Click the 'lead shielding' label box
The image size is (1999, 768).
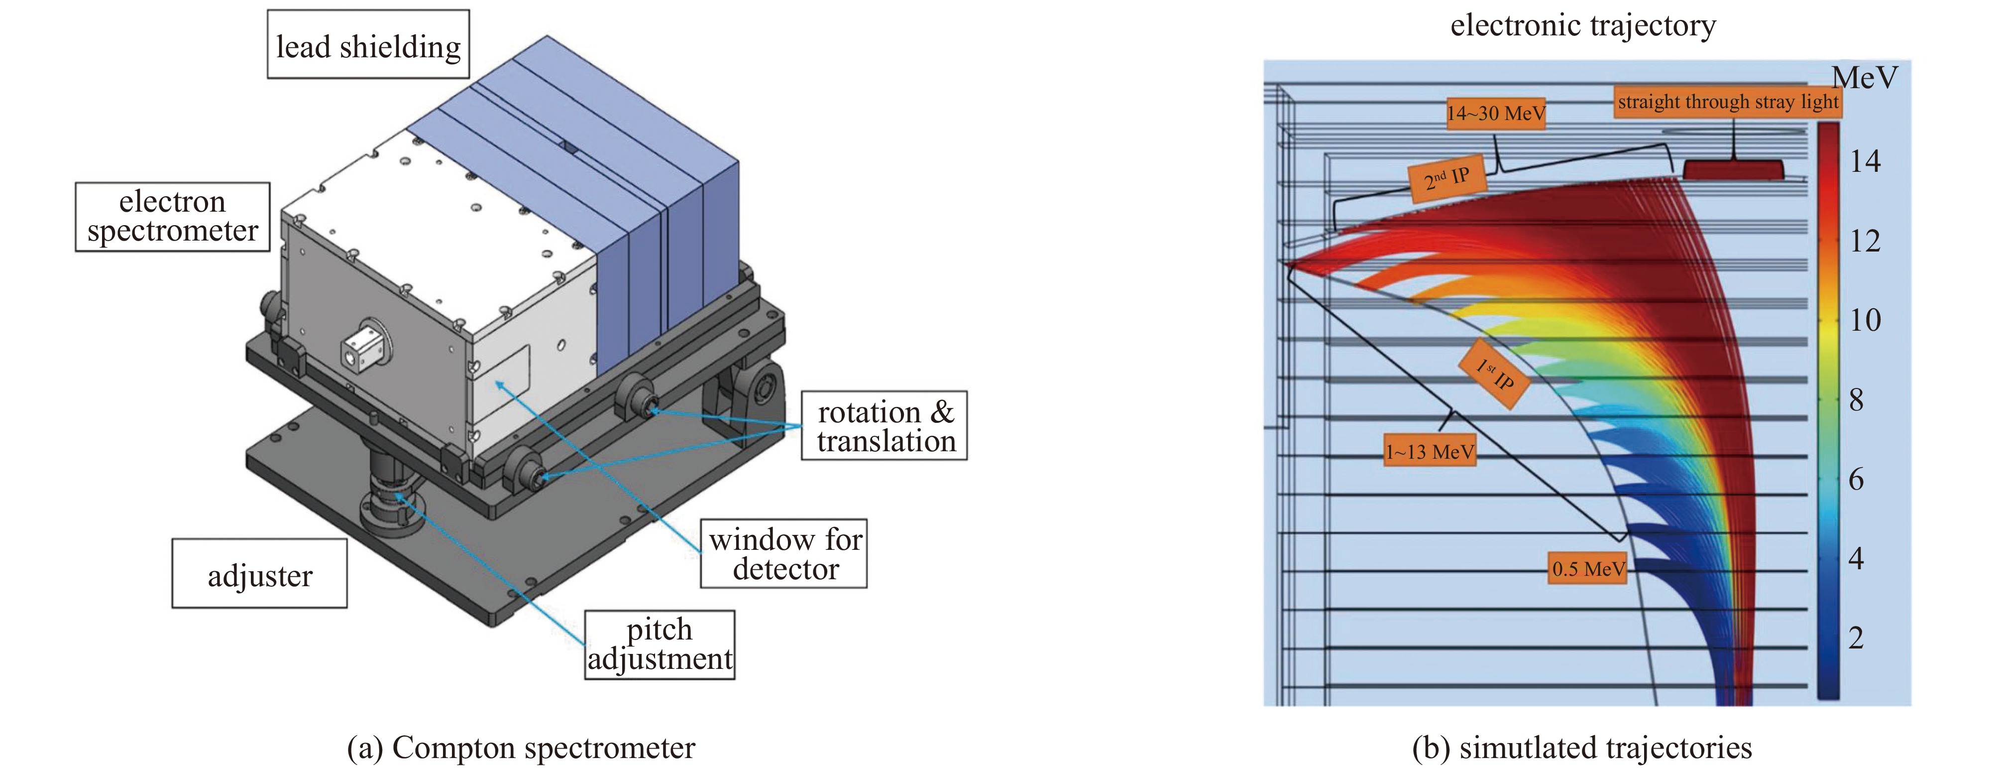pyautogui.click(x=368, y=44)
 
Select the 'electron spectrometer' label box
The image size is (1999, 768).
pyautogui.click(x=172, y=217)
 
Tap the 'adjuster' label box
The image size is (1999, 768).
pyautogui.click(x=259, y=574)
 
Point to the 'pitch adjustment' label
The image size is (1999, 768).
pyautogui.click(x=660, y=644)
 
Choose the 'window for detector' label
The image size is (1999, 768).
pyautogui.click(x=784, y=554)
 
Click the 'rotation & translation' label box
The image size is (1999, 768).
pyautogui.click(x=885, y=425)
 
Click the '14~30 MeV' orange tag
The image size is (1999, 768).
pyautogui.click(x=1495, y=114)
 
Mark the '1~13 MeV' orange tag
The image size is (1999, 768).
pyautogui.click(x=1430, y=451)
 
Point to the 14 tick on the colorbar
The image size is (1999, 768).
pyautogui.click(x=1865, y=161)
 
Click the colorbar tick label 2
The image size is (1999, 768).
pyautogui.click(x=1856, y=638)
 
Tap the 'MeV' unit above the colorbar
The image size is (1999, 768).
pyautogui.click(x=1865, y=78)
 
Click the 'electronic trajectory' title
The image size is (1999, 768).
pyautogui.click(x=1583, y=25)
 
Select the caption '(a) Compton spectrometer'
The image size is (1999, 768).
pyautogui.click(x=521, y=747)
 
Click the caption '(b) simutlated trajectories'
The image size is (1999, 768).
pyautogui.click(x=1581, y=747)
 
